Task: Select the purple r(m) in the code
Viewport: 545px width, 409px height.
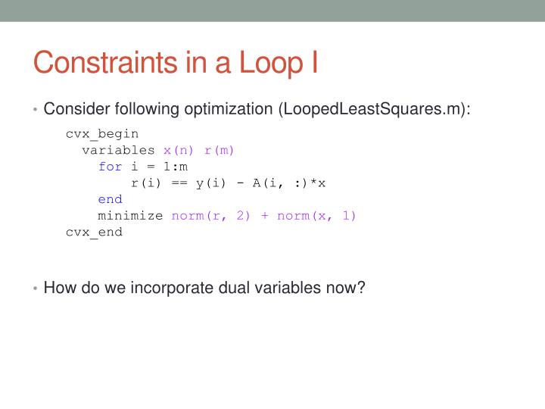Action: (x=220, y=150)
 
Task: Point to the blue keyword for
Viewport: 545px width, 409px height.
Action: (x=110, y=167)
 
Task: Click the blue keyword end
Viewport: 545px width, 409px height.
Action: (x=110, y=199)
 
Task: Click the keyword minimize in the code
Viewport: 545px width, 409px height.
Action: (x=130, y=215)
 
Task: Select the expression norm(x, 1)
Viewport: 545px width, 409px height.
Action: (x=316, y=215)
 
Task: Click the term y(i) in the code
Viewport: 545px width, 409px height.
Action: (x=211, y=183)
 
